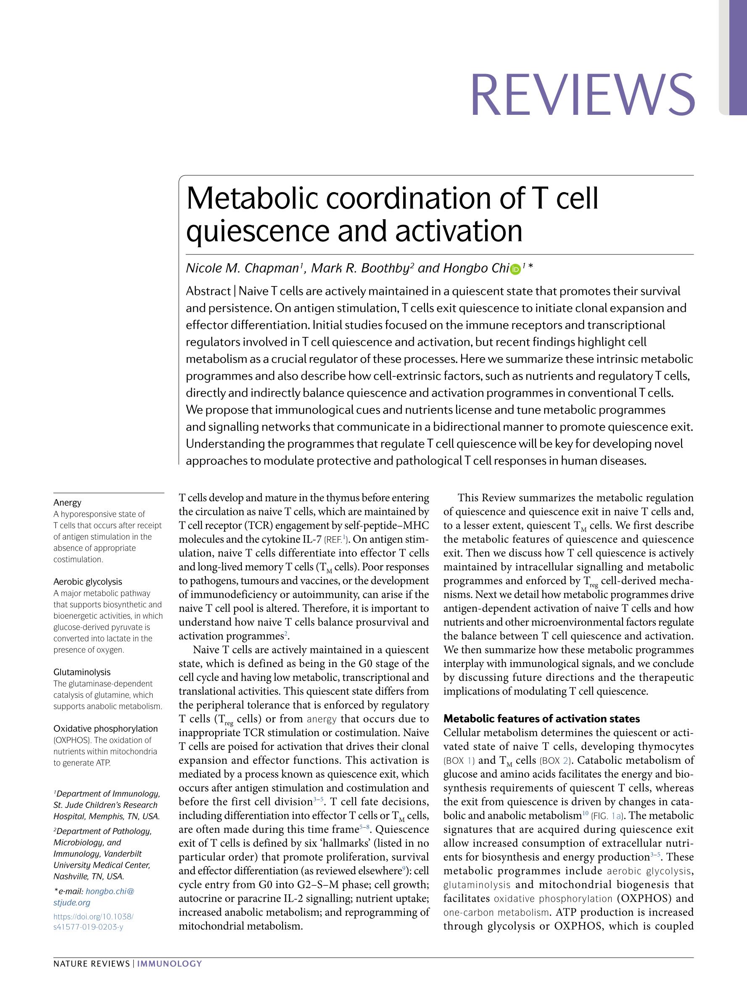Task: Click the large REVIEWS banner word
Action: coord(582,95)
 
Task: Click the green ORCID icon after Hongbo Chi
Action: coord(515,269)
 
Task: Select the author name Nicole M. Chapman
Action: coord(242,268)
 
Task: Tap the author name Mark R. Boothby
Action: coord(360,268)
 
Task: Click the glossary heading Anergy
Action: coord(67,502)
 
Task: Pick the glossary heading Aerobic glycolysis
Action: coord(87,582)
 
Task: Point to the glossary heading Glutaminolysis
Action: coord(82,672)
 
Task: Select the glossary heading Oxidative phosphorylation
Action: coord(106,728)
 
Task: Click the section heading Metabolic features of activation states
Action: coord(541,719)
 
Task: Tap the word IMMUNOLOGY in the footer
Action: coord(169,964)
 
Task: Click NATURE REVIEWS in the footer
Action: coord(91,964)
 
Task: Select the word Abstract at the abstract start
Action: coord(208,291)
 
